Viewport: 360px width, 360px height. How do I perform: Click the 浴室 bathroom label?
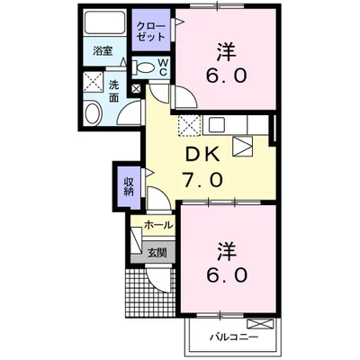(x=103, y=50)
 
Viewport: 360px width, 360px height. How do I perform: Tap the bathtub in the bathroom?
(x=104, y=23)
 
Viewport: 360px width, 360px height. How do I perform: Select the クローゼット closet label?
(x=151, y=31)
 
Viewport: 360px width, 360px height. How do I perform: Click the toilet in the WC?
(x=143, y=67)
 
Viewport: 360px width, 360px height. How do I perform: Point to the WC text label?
(x=163, y=67)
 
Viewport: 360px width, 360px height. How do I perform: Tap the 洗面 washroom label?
(x=113, y=92)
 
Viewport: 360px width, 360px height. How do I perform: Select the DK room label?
(x=202, y=155)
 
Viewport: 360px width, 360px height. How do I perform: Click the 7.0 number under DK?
(x=203, y=180)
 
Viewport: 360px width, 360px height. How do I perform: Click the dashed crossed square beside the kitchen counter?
(x=190, y=125)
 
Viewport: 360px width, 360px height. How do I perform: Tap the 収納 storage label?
(x=129, y=186)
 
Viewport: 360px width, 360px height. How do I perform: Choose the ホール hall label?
(x=158, y=225)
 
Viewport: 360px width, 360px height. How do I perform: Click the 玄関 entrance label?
(x=157, y=254)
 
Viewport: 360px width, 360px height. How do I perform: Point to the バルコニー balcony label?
(x=234, y=337)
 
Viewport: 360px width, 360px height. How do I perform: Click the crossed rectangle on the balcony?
(x=260, y=324)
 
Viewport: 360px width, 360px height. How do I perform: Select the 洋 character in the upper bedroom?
(x=226, y=52)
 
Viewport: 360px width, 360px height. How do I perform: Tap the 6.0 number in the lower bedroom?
(x=227, y=274)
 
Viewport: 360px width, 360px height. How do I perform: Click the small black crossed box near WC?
(x=137, y=89)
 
